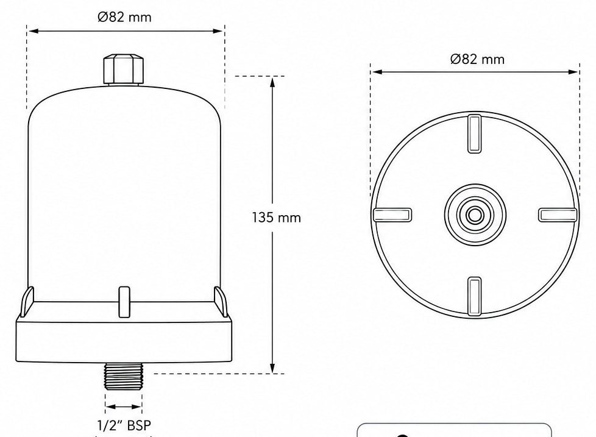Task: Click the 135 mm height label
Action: click(276, 218)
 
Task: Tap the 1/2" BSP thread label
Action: click(124, 425)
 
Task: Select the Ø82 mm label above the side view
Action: click(124, 17)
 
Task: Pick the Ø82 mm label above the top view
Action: click(477, 59)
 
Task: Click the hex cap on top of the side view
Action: click(124, 69)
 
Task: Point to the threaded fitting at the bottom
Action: click(124, 376)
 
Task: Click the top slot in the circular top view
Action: click(474, 133)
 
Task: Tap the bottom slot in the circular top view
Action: click(474, 296)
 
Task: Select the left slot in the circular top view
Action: click(392, 215)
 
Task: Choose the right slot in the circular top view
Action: click(558, 215)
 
